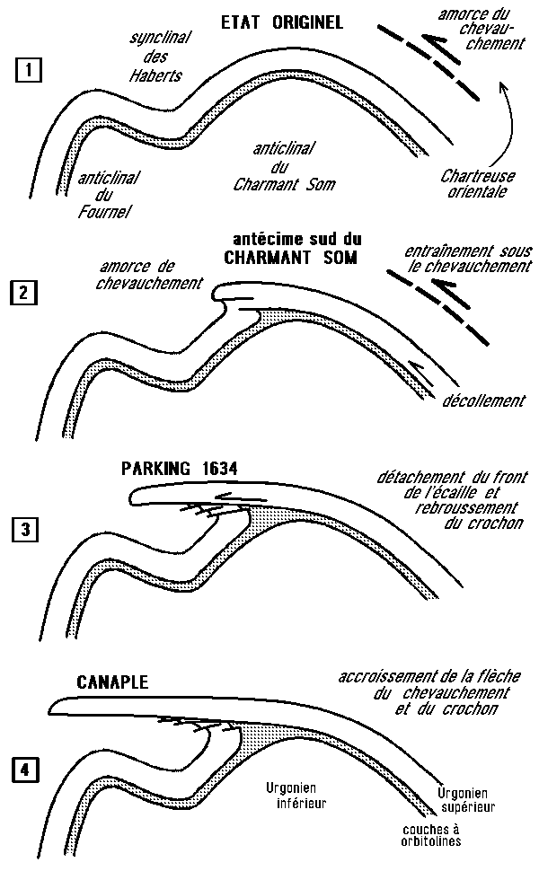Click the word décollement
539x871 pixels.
pyautogui.click(x=483, y=400)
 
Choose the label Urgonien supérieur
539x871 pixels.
pyautogui.click(x=464, y=799)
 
